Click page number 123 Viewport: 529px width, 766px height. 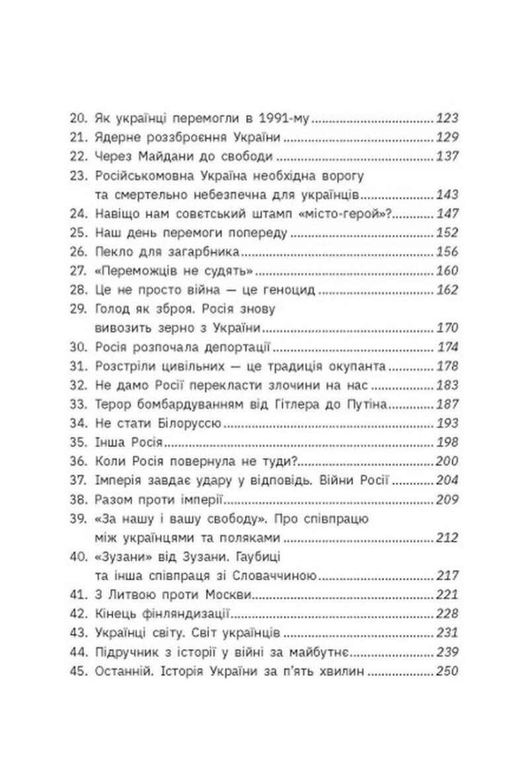tap(447, 120)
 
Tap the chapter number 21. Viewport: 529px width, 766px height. tap(79, 139)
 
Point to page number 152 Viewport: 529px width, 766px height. tap(447, 233)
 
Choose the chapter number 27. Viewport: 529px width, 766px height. tap(79, 272)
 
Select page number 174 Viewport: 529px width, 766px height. tap(448, 347)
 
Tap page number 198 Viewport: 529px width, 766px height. tap(447, 442)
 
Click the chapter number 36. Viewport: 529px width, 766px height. tap(79, 461)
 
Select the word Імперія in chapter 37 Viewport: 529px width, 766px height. tap(121, 480)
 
